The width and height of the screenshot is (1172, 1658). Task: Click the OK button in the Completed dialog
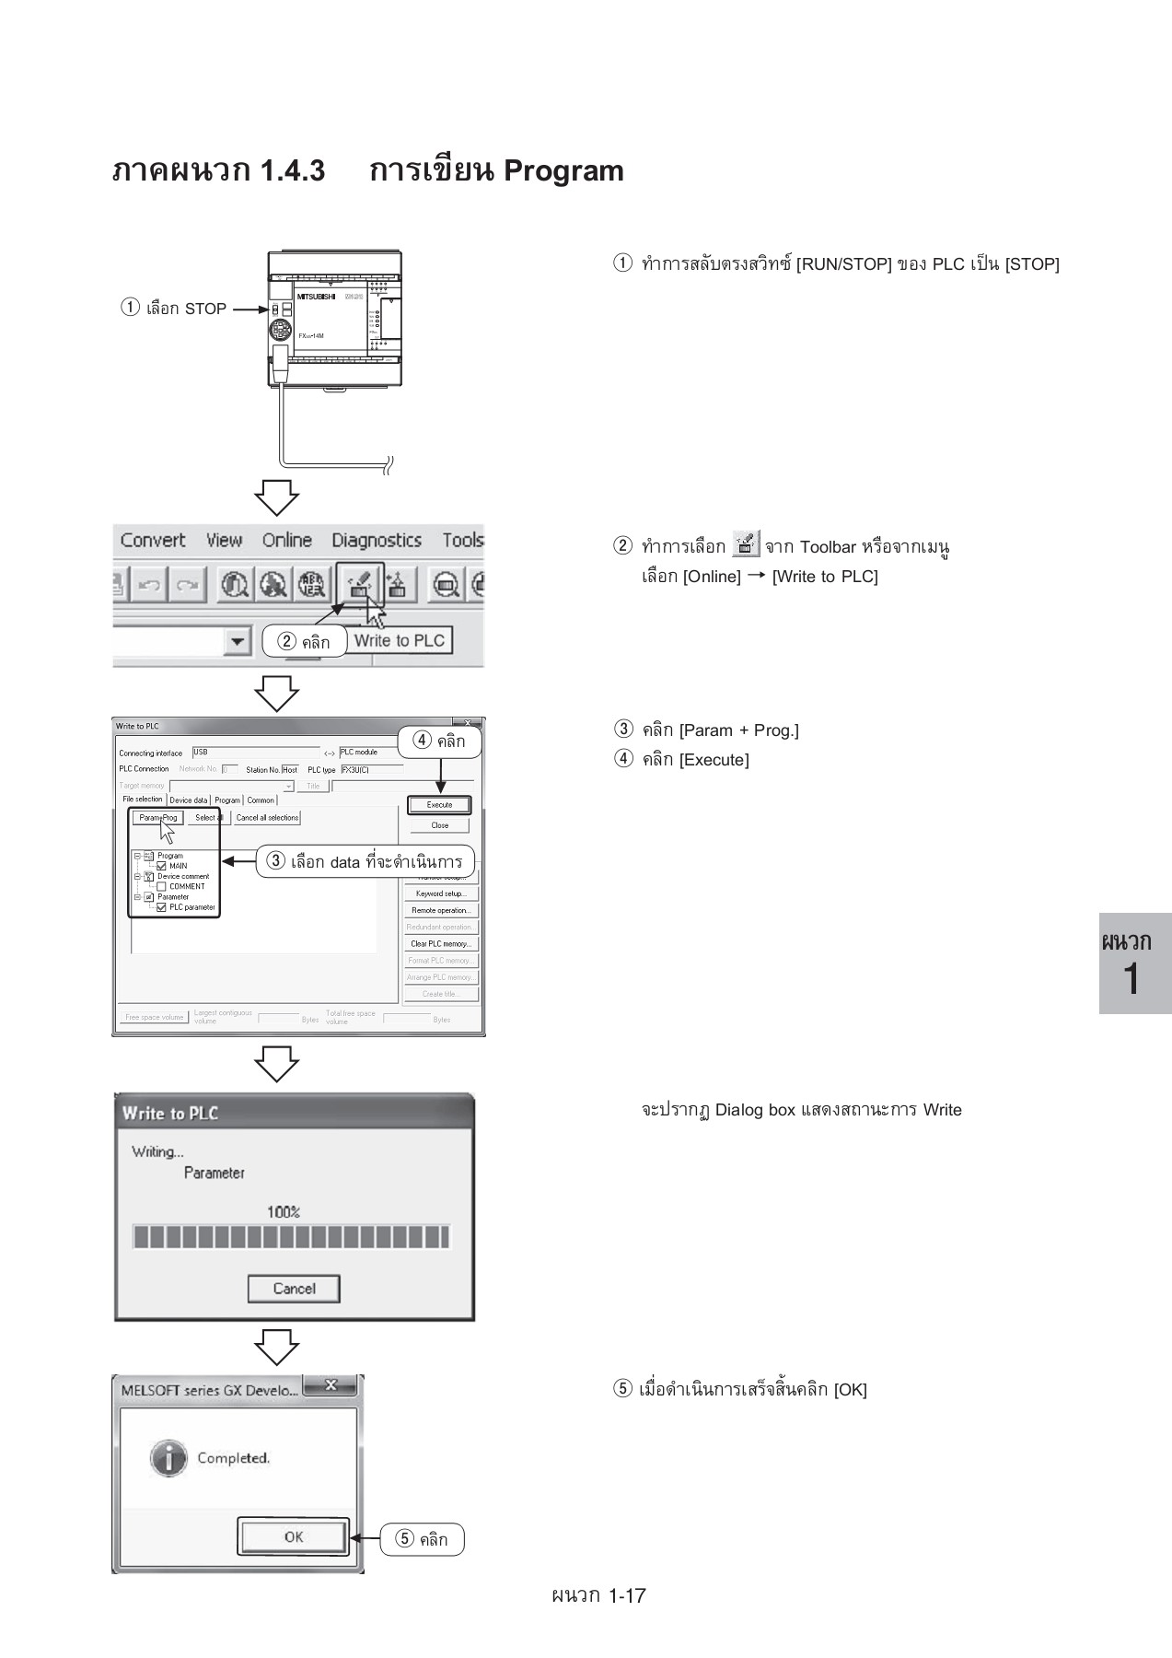(x=293, y=1536)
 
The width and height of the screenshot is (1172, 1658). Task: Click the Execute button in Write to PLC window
(x=439, y=804)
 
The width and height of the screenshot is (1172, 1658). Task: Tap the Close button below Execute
(x=439, y=825)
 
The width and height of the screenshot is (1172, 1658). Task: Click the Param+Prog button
(x=157, y=817)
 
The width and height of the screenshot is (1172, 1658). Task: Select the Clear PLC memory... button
(x=441, y=943)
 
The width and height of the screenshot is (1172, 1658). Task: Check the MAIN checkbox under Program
(x=162, y=866)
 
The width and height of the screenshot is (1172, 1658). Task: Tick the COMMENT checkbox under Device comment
(x=162, y=886)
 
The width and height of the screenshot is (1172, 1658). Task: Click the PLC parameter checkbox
(x=162, y=907)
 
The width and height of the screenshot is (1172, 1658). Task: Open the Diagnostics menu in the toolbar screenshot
(x=376, y=541)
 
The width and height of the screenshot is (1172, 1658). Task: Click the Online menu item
(x=286, y=541)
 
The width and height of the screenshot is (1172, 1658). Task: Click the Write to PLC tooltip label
(x=400, y=640)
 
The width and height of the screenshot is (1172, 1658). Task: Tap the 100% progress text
(x=284, y=1212)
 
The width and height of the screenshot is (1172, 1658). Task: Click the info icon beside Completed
(x=168, y=1458)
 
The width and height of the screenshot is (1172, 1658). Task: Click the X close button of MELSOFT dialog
(x=330, y=1385)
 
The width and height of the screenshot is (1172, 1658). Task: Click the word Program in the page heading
(x=563, y=171)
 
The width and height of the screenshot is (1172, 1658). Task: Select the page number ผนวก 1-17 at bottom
(x=598, y=1595)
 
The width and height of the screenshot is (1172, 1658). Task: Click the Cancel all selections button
(x=267, y=817)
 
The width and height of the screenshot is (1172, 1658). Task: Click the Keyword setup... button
(x=441, y=893)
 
